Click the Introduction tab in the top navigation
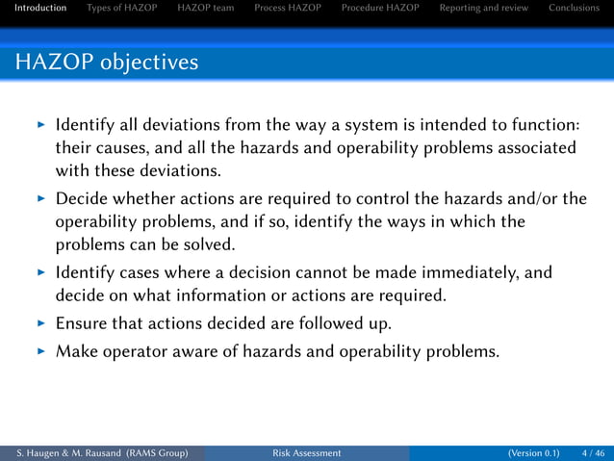click(x=34, y=9)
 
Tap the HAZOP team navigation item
click(x=205, y=9)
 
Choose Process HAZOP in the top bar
click(x=288, y=9)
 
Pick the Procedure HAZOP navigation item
click(x=380, y=9)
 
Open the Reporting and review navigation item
click(x=483, y=9)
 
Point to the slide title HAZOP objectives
click(x=107, y=64)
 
